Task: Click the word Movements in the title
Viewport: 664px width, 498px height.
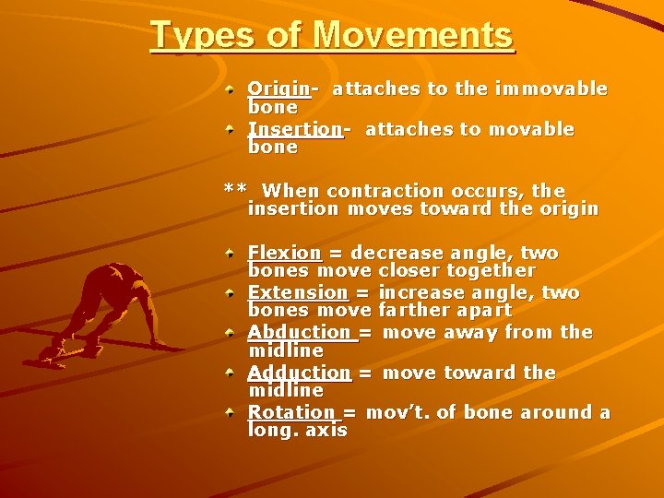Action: (412, 35)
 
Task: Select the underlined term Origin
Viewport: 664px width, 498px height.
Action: (279, 89)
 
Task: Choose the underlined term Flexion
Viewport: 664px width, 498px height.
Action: (284, 253)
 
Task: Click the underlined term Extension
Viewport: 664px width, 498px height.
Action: (298, 292)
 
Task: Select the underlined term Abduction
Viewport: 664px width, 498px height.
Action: (300, 332)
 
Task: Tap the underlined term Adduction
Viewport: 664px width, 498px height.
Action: (300, 373)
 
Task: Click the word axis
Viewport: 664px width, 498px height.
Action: (327, 431)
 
